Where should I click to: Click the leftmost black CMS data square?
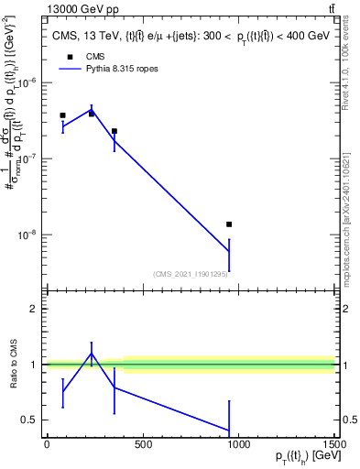click(62, 115)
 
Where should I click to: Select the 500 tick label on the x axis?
click(142, 445)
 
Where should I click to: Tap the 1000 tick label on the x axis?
click(238, 445)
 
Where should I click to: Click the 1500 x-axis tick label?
click(333, 445)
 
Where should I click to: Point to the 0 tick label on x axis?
click(47, 445)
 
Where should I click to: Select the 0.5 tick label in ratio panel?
click(30, 420)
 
